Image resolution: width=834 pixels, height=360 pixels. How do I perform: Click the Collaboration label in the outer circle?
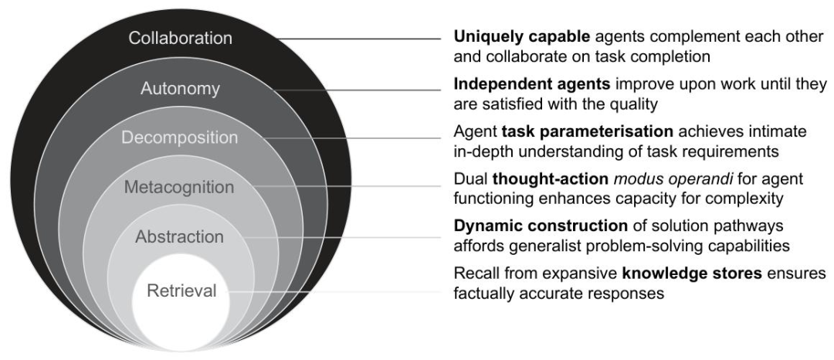pos(179,39)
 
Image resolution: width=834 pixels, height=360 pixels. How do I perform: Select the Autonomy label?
pos(180,89)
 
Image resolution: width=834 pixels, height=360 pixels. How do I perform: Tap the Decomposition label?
pos(179,138)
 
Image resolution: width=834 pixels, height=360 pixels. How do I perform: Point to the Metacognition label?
pos(179,188)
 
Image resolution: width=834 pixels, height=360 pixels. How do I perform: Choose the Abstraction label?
pos(179,237)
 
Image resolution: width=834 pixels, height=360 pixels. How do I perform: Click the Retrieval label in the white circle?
pos(179,291)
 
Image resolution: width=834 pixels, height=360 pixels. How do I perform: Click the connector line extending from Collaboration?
pos(355,39)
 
